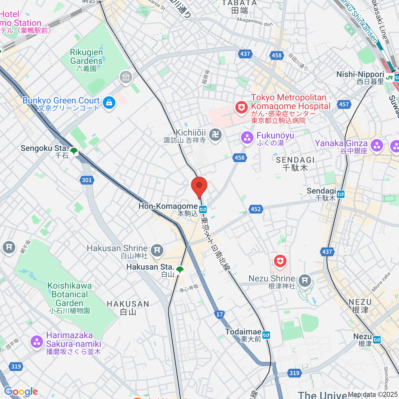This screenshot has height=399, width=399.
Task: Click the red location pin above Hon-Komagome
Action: (199, 186)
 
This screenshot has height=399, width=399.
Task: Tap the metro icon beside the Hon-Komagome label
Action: (203, 209)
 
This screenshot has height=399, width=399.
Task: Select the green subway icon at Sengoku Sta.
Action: (73, 152)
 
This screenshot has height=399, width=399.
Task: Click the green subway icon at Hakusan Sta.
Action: (180, 270)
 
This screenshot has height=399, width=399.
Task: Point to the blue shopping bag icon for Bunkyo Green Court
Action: (109, 103)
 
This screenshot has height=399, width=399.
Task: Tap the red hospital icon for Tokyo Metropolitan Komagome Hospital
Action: (241, 107)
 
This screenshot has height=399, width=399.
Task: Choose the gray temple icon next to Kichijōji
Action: (216, 135)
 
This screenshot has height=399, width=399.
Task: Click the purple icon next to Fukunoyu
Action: (247, 137)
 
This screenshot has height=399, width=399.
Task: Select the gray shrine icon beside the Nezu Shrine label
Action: (305, 281)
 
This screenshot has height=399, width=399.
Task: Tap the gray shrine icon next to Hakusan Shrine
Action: (157, 250)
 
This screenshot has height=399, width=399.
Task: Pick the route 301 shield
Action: (86, 180)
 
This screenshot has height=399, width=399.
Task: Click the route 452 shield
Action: (256, 209)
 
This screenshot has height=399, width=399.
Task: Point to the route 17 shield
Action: (219, 314)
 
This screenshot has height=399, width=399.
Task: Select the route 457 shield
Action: (344, 104)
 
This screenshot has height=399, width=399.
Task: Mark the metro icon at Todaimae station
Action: (266, 335)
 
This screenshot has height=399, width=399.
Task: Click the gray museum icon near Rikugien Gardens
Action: (126, 78)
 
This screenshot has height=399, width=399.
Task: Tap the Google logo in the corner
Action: (21, 392)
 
